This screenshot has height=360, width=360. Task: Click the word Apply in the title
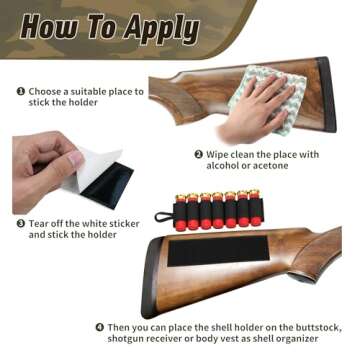click(161, 29)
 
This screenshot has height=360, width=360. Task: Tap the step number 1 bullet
click(20, 91)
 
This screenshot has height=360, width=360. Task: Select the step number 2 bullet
click(198, 154)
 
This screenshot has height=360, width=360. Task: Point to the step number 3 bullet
click(20, 223)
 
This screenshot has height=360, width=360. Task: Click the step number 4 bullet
click(100, 327)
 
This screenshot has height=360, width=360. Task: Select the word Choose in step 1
click(45, 91)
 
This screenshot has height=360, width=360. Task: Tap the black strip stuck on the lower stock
click(218, 251)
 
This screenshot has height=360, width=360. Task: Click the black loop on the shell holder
click(165, 217)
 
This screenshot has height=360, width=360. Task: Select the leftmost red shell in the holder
click(181, 213)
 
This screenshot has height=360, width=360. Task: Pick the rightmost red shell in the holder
click(256, 207)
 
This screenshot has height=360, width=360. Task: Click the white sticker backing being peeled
click(92, 170)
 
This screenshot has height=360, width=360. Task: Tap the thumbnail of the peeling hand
click(76, 159)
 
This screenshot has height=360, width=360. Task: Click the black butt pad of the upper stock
click(327, 94)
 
